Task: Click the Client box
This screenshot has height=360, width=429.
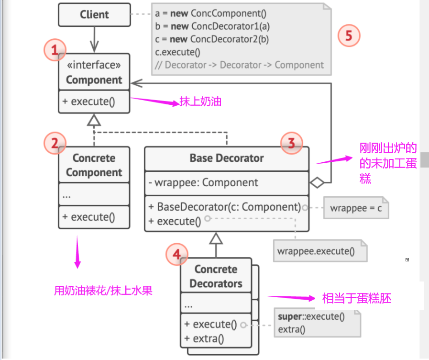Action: point(94,15)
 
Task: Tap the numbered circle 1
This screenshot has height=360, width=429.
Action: point(55,49)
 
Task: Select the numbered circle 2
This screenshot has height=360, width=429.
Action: point(55,143)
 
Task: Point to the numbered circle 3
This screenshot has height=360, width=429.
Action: point(291,143)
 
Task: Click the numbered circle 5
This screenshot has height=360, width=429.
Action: point(349,35)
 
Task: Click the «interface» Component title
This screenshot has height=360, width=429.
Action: point(94,73)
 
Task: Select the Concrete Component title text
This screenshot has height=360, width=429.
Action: point(94,165)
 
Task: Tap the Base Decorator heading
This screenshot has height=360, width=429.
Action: point(226,158)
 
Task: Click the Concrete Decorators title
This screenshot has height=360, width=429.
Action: point(216,276)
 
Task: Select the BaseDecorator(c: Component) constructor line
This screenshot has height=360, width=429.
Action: point(224,207)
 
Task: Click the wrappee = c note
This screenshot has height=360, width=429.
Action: point(356,209)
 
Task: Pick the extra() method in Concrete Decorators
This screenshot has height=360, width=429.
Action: point(204,339)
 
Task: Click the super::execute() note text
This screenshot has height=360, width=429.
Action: point(311,316)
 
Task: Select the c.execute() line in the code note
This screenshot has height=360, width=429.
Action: point(178,53)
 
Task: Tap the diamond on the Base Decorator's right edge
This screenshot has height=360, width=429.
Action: point(317,182)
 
